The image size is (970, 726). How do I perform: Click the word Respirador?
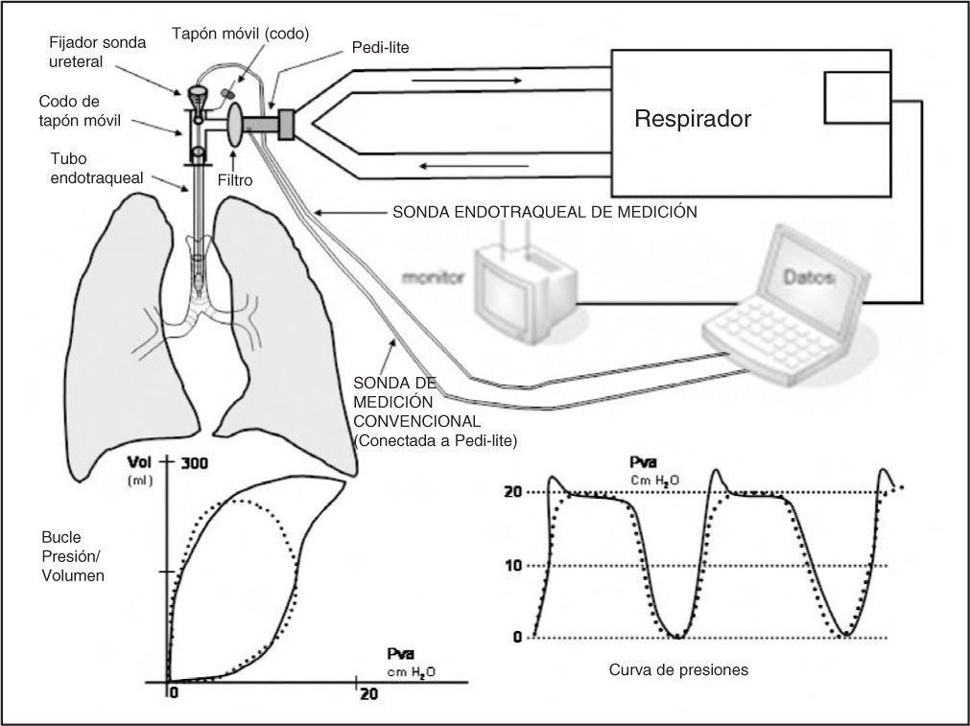point(692,120)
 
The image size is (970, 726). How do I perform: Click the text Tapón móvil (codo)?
point(240,34)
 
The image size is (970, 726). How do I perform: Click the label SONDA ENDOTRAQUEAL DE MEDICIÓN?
point(544,212)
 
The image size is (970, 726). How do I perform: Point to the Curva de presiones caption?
point(678,669)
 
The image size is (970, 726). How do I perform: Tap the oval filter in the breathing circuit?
point(236,127)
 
